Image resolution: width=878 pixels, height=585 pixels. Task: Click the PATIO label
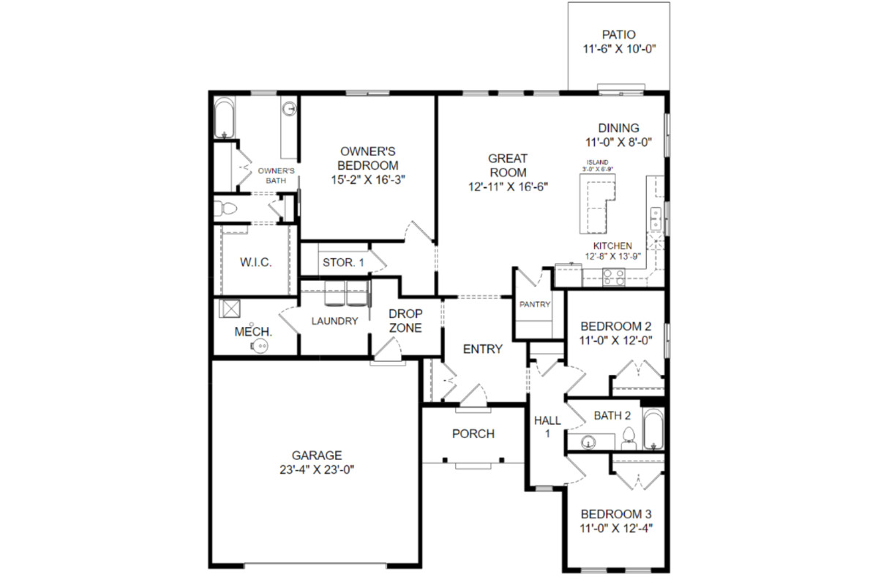[x=618, y=34]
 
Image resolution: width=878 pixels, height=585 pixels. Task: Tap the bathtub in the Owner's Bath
[x=224, y=118]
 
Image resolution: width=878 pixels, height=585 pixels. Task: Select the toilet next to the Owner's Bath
[x=226, y=208]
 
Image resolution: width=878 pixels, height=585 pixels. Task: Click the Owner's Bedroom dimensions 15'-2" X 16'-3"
[x=367, y=179]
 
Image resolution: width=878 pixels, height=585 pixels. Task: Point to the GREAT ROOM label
[x=508, y=165]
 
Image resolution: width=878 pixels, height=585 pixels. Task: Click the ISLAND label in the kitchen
[x=597, y=162]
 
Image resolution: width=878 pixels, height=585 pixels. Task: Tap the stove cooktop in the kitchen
[x=614, y=276]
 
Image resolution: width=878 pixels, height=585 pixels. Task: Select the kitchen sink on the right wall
[x=656, y=219]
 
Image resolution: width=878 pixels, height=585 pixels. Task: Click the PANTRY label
[x=535, y=304]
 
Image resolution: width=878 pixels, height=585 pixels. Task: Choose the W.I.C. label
[x=255, y=262]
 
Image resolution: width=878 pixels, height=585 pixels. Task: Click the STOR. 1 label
[x=343, y=262]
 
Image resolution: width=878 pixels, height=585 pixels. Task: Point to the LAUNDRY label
[x=335, y=321]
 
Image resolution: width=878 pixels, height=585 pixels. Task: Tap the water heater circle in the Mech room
[x=260, y=346]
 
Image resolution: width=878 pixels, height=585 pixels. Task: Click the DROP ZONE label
[x=405, y=320]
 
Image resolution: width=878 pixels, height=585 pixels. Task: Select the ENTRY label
[x=482, y=349]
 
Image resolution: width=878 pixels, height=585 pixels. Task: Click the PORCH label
[x=473, y=434]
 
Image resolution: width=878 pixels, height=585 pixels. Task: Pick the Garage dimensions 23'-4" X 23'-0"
[x=317, y=469]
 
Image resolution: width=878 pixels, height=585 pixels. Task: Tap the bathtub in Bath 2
[x=653, y=429]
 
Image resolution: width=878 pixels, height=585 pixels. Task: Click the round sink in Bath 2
[x=588, y=442]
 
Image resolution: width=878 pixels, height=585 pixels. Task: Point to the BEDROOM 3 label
[x=616, y=513]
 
